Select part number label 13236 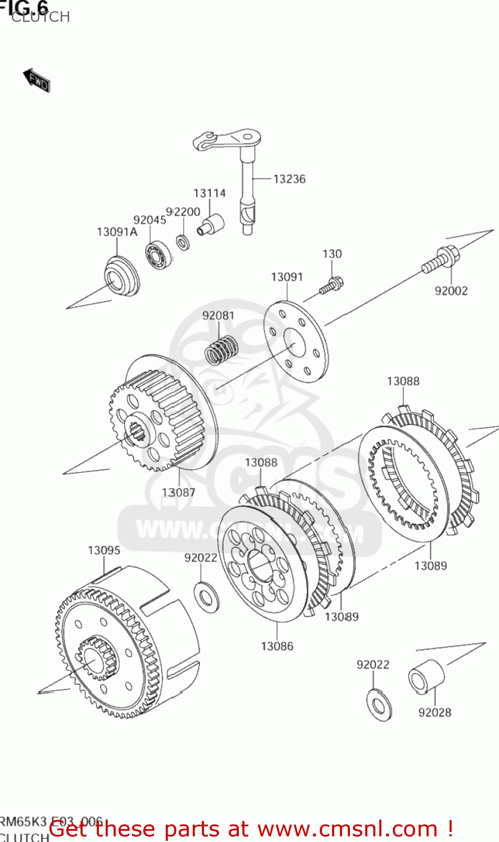pyautogui.click(x=289, y=179)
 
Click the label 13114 pyautogui.click(x=210, y=193)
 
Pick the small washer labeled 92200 pyautogui.click(x=183, y=242)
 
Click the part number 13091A pyautogui.click(x=117, y=232)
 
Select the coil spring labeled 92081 pyautogui.click(x=221, y=350)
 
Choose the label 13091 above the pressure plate pyautogui.click(x=287, y=277)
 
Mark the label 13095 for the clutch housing pyautogui.click(x=104, y=550)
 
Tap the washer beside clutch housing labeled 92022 pyautogui.click(x=206, y=597)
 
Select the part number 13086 pyautogui.click(x=277, y=646)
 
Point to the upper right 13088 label pyautogui.click(x=403, y=381)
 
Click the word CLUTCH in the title pyautogui.click(x=40, y=17)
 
